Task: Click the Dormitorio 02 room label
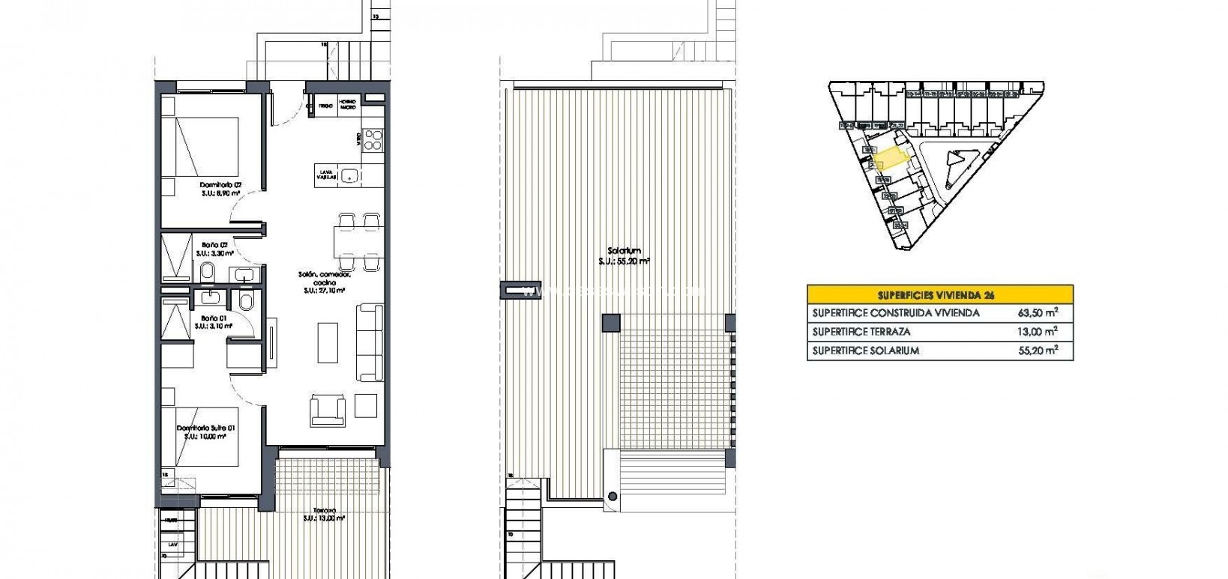point(220,184)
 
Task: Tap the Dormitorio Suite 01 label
point(206,428)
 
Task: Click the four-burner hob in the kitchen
point(373,140)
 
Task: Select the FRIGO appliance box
point(325,106)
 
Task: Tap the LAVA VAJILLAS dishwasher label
point(325,175)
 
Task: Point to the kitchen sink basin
point(349,176)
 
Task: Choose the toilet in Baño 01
point(246,301)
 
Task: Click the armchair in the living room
point(328,410)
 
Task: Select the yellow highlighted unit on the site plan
point(891,158)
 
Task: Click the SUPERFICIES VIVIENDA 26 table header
point(940,294)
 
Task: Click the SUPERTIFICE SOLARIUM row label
point(866,351)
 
